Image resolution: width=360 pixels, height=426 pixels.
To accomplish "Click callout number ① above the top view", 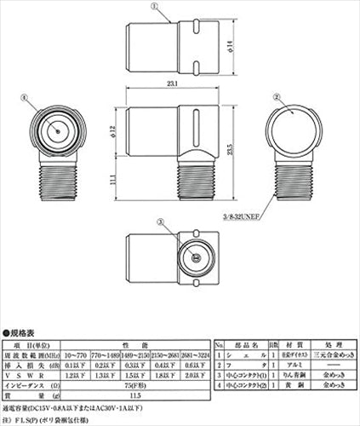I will pos(153,5).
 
